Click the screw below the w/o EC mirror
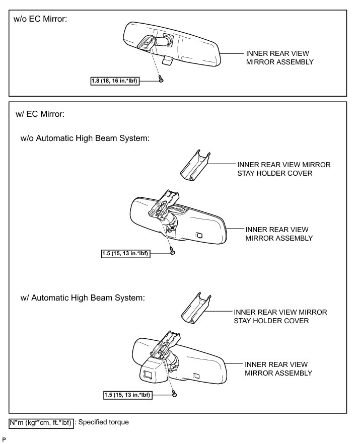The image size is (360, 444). click(161, 79)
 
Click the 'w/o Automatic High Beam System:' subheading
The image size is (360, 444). click(85, 138)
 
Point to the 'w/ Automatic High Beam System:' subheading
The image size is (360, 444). click(83, 298)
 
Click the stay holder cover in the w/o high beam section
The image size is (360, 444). click(195, 165)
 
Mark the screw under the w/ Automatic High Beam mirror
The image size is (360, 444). click(174, 395)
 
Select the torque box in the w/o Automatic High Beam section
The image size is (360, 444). click(132, 254)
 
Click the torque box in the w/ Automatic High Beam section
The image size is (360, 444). click(132, 395)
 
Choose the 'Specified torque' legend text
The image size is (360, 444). click(103, 422)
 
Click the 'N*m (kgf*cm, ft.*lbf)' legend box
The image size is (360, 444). click(41, 422)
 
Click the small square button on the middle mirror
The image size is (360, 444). click(200, 235)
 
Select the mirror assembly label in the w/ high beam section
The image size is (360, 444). click(278, 368)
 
